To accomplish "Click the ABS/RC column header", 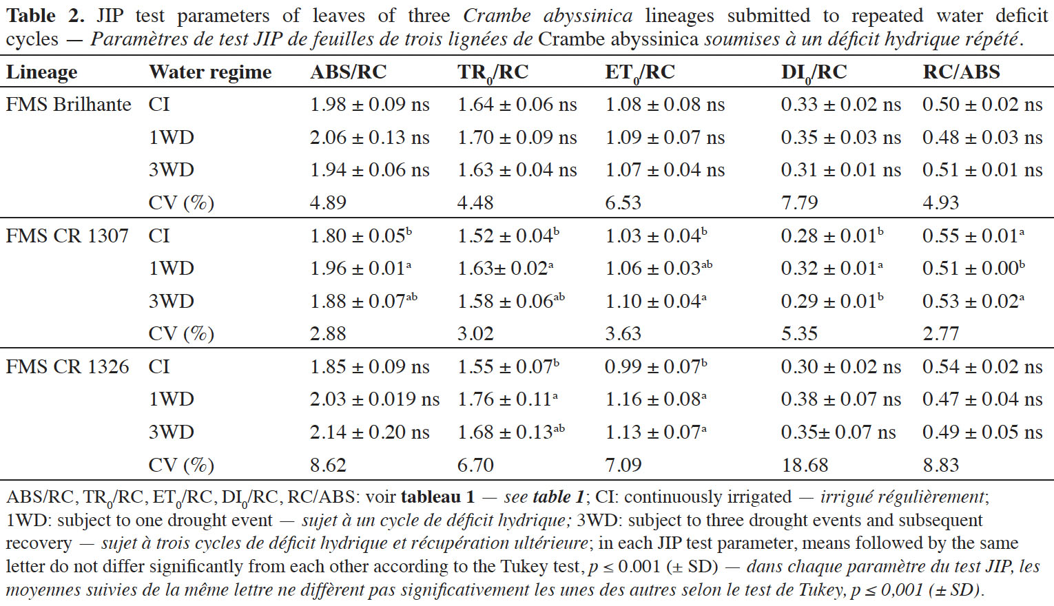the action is click(348, 72).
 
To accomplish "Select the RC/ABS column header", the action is click(961, 72).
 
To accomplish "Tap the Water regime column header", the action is click(210, 72).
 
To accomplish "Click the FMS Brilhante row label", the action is click(68, 105).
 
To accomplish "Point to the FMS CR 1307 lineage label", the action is click(67, 236).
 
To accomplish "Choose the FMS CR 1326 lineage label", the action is click(68, 366).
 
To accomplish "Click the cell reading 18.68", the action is click(805, 465).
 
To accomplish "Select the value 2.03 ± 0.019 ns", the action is click(375, 399).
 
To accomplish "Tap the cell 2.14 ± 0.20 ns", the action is click(370, 432).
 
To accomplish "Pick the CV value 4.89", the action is click(328, 202).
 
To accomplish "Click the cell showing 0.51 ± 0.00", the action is click(973, 267).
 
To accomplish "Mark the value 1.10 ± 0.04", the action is click(656, 300).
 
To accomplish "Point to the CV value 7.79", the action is click(799, 202).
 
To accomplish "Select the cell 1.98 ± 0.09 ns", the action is click(370, 105).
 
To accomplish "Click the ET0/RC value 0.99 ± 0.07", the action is click(656, 366).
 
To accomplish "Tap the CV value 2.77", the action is click(940, 333).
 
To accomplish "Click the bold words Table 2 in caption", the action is click(45, 16).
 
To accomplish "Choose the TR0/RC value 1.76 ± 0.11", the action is click(508, 399).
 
